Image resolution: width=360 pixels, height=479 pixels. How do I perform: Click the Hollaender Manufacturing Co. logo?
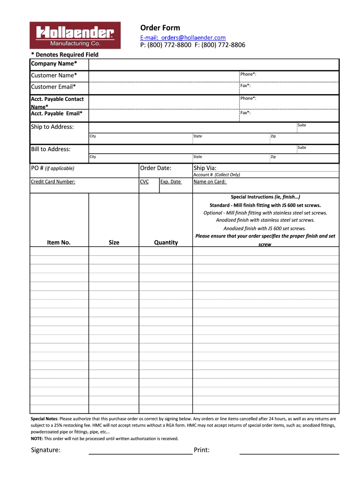(75, 35)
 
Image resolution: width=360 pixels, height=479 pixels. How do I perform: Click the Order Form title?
(160, 28)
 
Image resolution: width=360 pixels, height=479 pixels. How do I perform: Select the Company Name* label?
(54, 64)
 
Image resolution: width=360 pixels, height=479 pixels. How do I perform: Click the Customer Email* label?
(53, 87)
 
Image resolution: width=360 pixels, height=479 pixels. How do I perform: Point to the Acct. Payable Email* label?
(56, 113)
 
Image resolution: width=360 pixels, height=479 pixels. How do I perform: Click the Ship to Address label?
(52, 127)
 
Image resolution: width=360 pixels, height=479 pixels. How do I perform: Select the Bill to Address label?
(50, 149)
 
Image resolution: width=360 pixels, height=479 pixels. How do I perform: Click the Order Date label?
(156, 168)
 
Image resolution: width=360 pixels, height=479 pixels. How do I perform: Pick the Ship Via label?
(205, 168)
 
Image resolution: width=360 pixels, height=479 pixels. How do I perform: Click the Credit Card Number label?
(53, 181)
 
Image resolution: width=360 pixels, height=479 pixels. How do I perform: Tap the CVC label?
(144, 181)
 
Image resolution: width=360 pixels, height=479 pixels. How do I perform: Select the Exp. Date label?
(171, 181)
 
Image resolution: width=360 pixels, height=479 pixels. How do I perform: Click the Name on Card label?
(210, 181)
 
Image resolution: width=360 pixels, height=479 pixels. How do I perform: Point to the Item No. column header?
(59, 242)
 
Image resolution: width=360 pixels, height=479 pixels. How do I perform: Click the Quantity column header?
(166, 242)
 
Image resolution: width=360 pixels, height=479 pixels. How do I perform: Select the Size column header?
(114, 242)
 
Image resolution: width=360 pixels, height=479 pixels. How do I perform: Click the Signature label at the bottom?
(45, 450)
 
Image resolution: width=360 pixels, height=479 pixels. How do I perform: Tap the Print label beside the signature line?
(202, 450)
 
